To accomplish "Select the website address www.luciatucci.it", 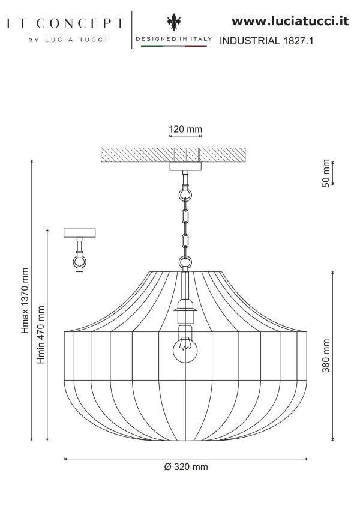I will [x=290, y=21].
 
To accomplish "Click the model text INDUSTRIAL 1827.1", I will [x=267, y=41].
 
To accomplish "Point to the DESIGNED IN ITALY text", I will [x=174, y=39].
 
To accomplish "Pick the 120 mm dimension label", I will [x=185, y=129].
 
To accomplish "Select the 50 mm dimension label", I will [x=326, y=173].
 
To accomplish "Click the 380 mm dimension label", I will [x=326, y=355].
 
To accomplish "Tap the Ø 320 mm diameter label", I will [x=185, y=466].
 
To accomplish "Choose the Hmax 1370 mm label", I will [x=25, y=300].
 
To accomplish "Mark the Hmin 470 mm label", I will [x=41, y=335].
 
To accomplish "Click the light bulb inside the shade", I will [x=186, y=349].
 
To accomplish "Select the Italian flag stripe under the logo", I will [x=174, y=46].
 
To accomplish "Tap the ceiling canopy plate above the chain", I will [x=186, y=166].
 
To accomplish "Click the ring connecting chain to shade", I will [x=186, y=262].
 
